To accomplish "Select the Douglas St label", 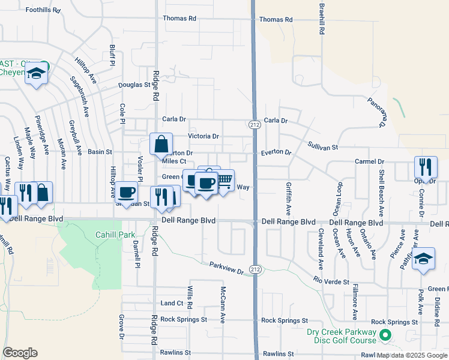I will click(x=134, y=85).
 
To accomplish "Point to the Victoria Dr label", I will click(x=203, y=136).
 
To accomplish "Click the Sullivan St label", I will click(x=324, y=146).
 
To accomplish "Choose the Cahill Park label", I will click(x=116, y=235).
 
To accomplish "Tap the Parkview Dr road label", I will click(x=227, y=268).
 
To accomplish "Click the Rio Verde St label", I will click(x=331, y=280).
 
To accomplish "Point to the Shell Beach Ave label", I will click(x=381, y=192).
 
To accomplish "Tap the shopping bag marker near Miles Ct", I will click(x=161, y=144).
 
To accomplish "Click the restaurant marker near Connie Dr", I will click(x=426, y=167).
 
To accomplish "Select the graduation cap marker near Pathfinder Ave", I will click(x=423, y=259).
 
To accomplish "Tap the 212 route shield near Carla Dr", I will click(x=255, y=124).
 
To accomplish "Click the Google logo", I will click(x=20, y=353).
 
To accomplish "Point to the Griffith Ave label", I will click(x=288, y=199).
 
